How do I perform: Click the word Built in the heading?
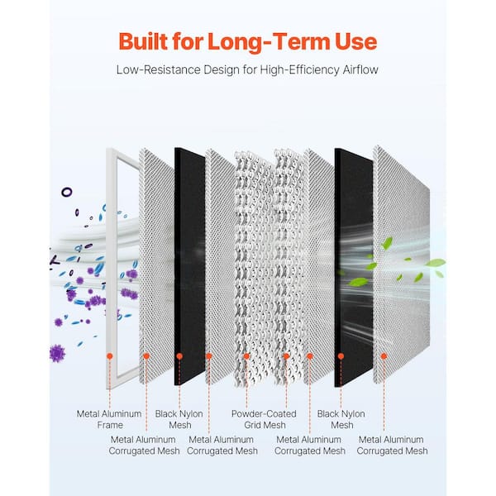[143, 42]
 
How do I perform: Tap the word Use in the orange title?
[356, 42]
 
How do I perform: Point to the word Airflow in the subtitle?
[360, 69]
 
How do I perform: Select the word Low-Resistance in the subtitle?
[158, 69]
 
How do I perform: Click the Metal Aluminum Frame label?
[109, 419]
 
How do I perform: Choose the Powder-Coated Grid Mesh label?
[265, 419]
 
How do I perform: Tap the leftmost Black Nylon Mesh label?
[179, 419]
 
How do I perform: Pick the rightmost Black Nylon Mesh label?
[341, 419]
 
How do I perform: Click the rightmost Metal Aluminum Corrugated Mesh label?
[392, 445]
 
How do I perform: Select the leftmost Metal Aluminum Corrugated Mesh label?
[144, 445]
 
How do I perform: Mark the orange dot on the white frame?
[110, 356]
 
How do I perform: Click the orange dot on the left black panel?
[179, 356]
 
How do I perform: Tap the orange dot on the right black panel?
[341, 356]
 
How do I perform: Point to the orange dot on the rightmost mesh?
[384, 356]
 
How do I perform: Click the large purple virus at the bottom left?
[57, 353]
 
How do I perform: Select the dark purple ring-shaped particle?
[67, 192]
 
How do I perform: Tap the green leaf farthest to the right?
[436, 262]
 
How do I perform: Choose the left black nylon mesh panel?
[190, 265]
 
